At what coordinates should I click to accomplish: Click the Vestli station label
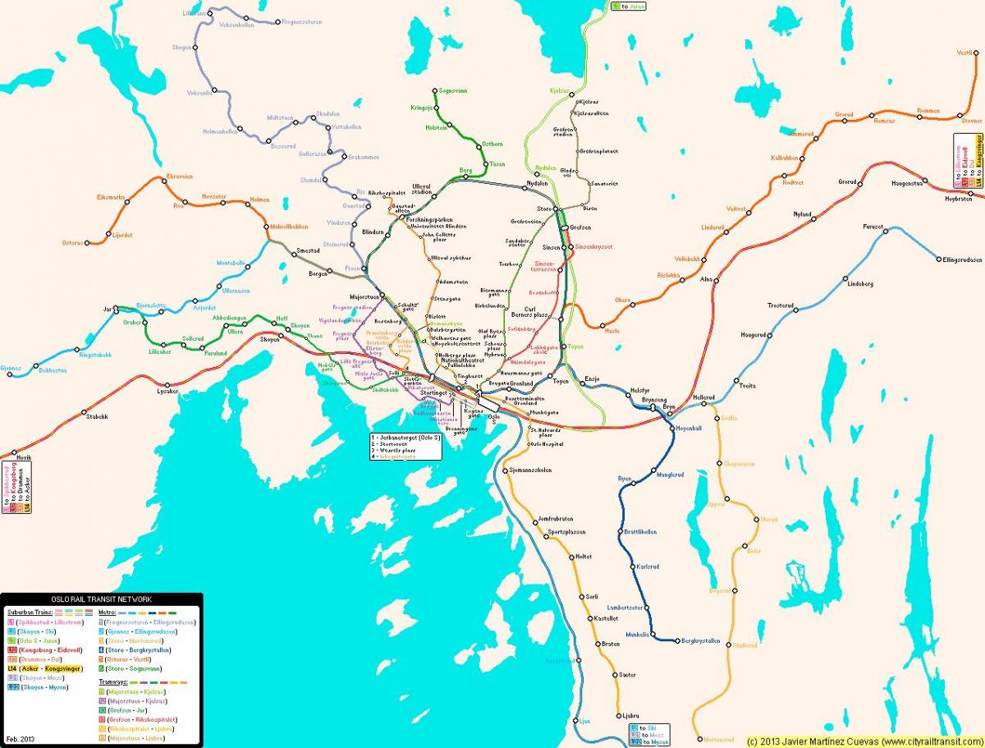pos(964,53)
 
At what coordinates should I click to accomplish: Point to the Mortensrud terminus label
pos(714,739)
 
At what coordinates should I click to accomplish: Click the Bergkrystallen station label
pos(701,640)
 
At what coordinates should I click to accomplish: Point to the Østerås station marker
pos(108,242)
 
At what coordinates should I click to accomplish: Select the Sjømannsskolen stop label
pos(530,470)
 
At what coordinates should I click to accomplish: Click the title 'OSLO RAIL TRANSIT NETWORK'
pos(101,599)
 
